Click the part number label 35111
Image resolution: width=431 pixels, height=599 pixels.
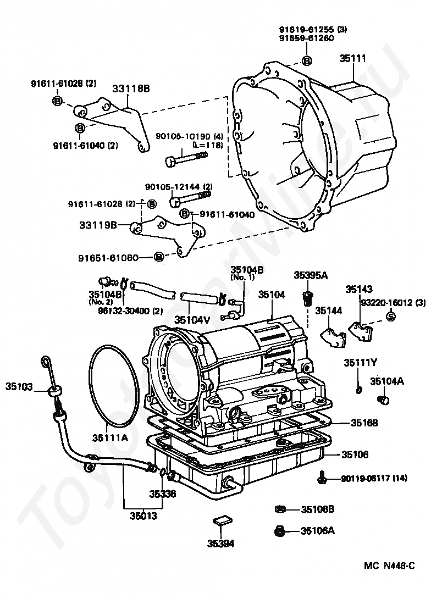coord(353,58)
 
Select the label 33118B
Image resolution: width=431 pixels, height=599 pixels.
coord(131,88)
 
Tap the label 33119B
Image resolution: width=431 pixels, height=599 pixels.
coord(98,225)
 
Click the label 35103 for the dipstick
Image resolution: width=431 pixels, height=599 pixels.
coord(19,386)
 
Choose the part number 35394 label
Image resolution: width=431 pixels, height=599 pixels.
coord(221,543)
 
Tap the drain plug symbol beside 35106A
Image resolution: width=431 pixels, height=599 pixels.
coord(280,531)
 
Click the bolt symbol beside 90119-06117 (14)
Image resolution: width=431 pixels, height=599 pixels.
coord(322,478)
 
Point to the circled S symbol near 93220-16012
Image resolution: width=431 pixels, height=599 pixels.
coord(390,317)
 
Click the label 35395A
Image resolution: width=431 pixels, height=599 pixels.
coord(311,275)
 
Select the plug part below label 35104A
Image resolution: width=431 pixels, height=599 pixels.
coord(383,400)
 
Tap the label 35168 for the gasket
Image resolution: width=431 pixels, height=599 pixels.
coord(364,423)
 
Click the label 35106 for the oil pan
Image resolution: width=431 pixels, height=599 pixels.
coord(355,454)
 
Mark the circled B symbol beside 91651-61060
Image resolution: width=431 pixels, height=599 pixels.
coord(158,257)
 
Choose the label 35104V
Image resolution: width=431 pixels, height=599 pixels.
coord(192,319)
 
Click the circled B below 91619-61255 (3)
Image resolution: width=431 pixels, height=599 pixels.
coord(306,60)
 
